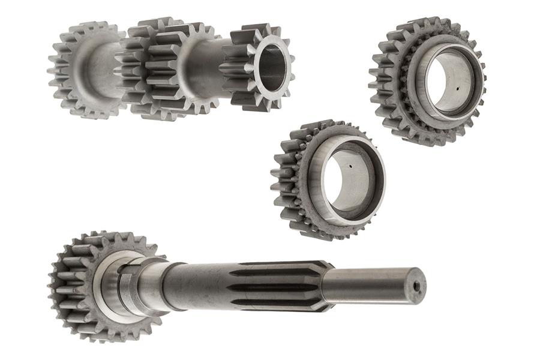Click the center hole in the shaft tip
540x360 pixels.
415,287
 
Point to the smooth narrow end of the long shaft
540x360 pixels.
372,284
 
